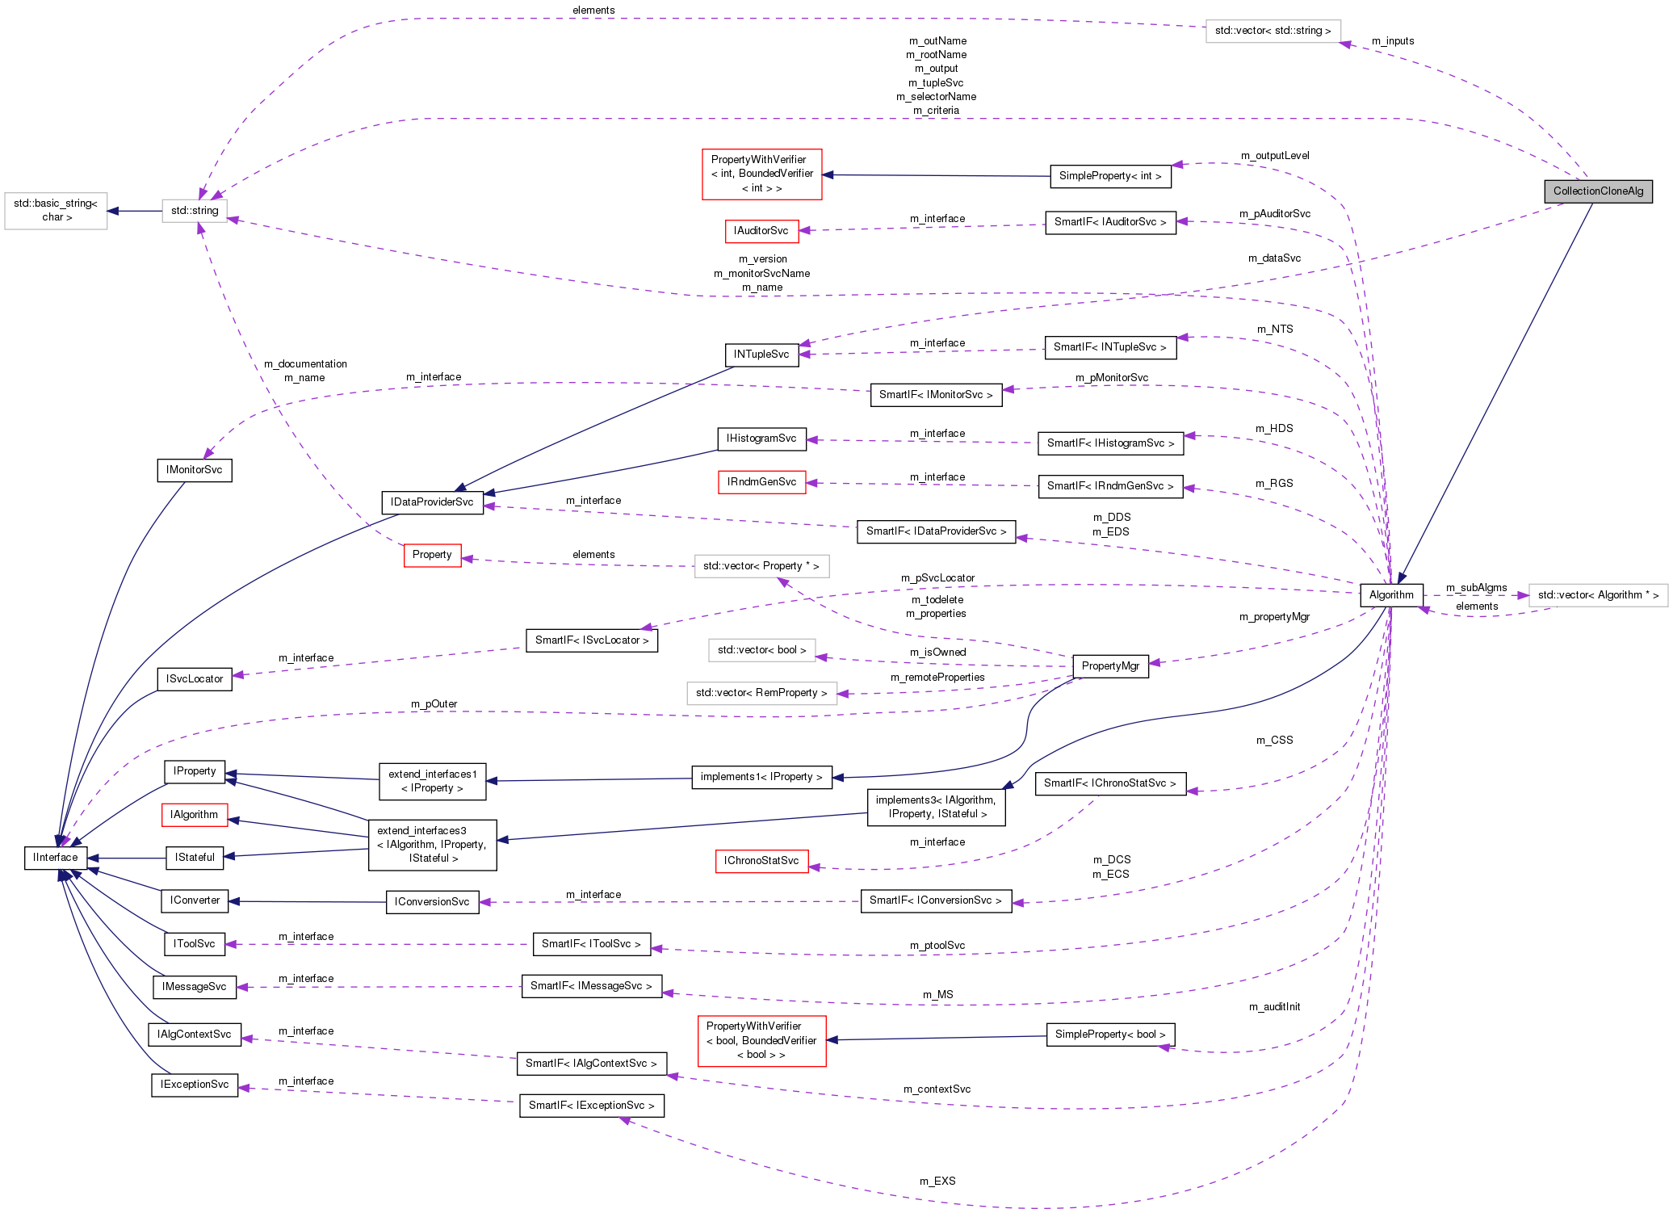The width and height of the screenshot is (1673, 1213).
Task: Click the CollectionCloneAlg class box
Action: [1597, 191]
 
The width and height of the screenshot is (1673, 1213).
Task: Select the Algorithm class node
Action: [1390, 595]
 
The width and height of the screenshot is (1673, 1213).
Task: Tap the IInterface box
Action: [56, 858]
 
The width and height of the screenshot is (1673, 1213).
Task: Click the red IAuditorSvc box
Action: [761, 231]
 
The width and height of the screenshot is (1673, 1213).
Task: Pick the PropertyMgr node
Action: [1110, 666]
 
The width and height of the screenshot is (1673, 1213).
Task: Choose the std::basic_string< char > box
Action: [56, 211]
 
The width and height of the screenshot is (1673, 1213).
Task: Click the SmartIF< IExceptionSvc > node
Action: [591, 1106]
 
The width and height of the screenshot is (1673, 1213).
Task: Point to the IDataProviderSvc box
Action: [432, 502]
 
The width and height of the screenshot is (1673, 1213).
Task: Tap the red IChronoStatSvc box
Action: [761, 861]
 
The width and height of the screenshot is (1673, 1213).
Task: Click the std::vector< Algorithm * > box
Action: [1597, 595]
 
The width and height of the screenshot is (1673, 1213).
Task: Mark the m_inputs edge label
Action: [1393, 41]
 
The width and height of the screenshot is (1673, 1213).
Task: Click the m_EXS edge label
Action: [937, 1181]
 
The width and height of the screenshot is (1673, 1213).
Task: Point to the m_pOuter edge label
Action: [434, 704]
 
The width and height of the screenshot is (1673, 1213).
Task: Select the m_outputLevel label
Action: [1275, 156]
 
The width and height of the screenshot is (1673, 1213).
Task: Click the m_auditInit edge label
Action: [1274, 1007]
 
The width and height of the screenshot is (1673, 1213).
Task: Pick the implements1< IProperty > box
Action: [761, 777]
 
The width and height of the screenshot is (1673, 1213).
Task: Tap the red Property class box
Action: [432, 555]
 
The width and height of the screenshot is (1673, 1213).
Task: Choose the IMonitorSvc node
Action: [194, 470]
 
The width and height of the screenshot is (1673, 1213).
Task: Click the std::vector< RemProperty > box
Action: [761, 693]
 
